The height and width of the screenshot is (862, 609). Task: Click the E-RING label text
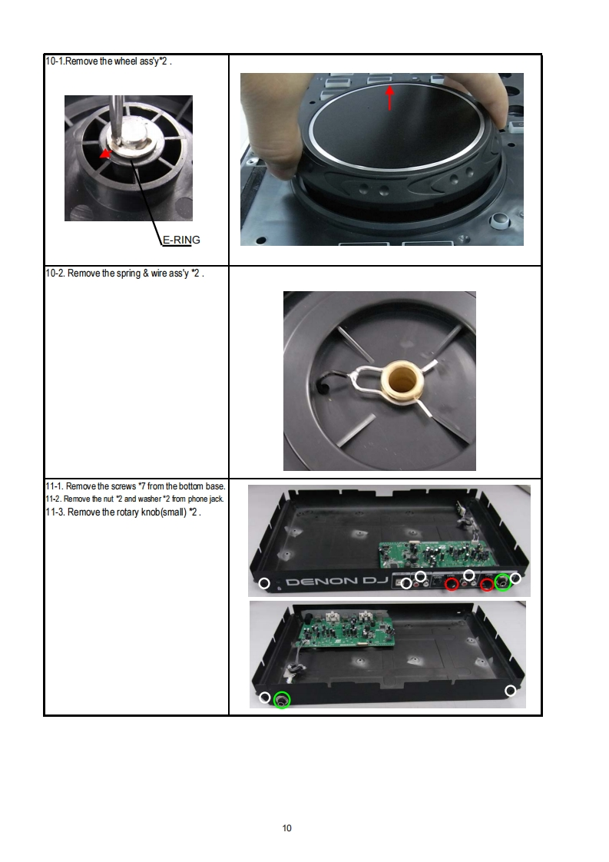click(181, 240)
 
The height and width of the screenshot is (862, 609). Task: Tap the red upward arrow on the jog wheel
click(389, 97)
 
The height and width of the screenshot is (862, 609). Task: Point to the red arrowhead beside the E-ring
click(105, 154)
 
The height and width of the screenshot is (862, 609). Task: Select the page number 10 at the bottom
click(287, 828)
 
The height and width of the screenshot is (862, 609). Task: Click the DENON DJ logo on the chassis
click(337, 582)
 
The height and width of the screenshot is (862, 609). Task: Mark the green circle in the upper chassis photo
click(502, 582)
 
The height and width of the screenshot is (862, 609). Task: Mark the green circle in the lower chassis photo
click(281, 700)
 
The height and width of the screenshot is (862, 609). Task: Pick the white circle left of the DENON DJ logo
click(264, 583)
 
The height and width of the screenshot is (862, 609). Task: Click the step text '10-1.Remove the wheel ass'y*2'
click(108, 61)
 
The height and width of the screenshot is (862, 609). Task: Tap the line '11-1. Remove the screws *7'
click(135, 486)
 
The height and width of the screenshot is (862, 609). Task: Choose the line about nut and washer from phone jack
click(134, 499)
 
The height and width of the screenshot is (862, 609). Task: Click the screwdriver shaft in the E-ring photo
click(117, 114)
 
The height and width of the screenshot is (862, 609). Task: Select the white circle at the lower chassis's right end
click(510, 691)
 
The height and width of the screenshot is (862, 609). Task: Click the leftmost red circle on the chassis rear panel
click(452, 584)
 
